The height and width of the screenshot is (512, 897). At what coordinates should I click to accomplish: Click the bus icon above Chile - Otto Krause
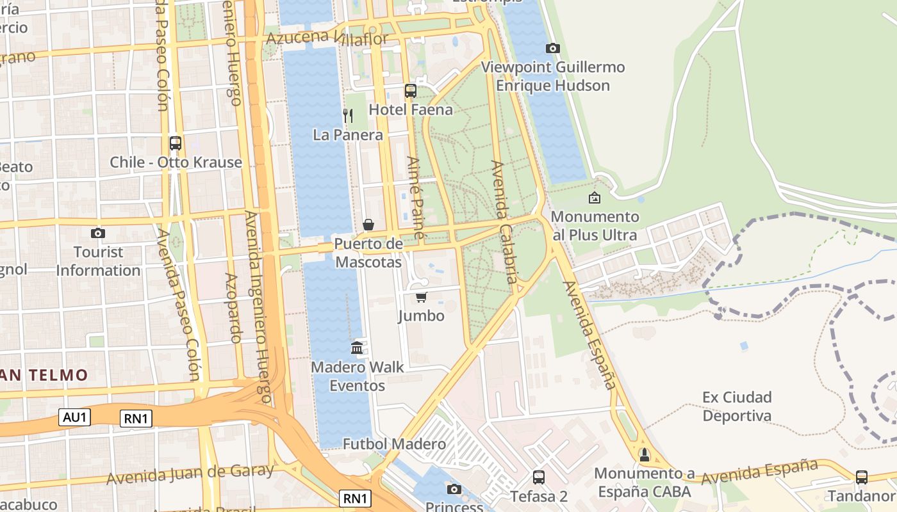coord(175,143)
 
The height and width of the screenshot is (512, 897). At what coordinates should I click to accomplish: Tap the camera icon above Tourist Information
coord(97,233)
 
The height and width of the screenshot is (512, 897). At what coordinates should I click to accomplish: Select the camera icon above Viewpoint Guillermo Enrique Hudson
coord(552,48)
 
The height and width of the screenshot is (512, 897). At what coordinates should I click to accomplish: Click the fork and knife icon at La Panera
coord(348,116)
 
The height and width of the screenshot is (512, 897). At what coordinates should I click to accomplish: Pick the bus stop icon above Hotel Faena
coord(411,91)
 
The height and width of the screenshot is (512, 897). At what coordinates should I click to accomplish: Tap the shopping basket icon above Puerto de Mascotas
coord(368,225)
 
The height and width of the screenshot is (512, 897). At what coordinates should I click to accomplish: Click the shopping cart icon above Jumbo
coord(421,297)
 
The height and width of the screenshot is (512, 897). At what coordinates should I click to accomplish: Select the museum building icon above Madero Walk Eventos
coord(357,348)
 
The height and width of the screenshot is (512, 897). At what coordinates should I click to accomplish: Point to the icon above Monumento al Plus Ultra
coord(595,198)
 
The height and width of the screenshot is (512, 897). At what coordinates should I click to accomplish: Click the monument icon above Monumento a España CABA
coord(645,454)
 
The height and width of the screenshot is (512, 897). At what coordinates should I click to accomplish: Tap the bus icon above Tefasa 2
coord(539,477)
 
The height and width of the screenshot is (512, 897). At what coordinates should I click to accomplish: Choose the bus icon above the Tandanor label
coord(862,477)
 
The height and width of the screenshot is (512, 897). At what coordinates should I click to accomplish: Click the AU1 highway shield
coord(75,418)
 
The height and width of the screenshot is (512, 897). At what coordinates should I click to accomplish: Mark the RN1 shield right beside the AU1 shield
coord(136,419)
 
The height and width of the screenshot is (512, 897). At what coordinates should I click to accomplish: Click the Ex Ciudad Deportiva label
coord(737,406)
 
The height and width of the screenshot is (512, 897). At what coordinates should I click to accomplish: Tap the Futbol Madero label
coord(394,444)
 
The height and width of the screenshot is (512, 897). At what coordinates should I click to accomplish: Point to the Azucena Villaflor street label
coord(327,38)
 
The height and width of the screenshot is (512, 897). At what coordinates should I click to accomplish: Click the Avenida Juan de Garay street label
coord(190,474)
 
